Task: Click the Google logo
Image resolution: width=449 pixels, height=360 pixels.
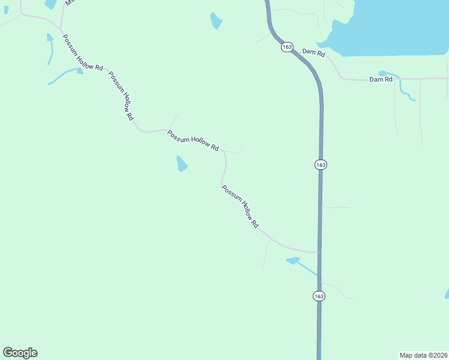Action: [x=20, y=353]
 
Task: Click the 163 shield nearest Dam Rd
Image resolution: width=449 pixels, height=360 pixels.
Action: [x=286, y=47]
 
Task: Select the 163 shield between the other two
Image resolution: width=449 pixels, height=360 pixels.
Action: [x=321, y=164]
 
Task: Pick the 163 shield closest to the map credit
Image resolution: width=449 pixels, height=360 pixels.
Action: [x=319, y=296]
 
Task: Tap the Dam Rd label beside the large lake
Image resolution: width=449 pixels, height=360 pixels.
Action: [x=313, y=53]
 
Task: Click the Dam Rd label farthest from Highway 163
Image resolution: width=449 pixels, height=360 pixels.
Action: [x=381, y=79]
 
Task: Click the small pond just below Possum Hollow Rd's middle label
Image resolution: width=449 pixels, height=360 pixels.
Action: [x=182, y=163]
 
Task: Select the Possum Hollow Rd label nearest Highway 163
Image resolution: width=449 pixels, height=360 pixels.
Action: [x=240, y=206]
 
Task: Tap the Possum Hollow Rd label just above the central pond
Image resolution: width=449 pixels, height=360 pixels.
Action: [x=193, y=140]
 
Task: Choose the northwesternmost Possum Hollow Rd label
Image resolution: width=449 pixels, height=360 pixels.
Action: [x=82, y=52]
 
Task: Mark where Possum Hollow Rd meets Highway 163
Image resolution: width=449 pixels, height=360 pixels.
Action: [x=319, y=252]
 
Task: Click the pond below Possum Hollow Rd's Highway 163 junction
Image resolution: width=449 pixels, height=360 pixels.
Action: [x=294, y=260]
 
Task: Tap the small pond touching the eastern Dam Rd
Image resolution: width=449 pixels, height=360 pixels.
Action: [x=384, y=73]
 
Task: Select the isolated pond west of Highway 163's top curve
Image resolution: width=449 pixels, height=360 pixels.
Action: [x=215, y=21]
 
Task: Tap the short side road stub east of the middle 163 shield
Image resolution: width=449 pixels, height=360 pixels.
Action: [x=336, y=208]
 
